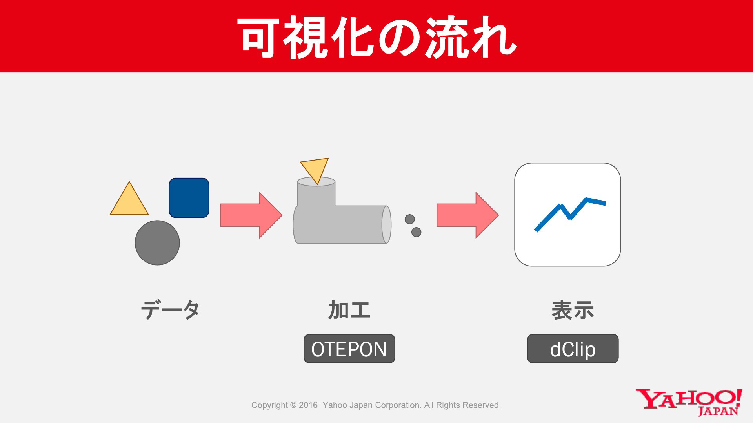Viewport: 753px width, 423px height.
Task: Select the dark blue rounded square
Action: point(189,198)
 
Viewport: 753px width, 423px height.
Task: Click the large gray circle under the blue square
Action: point(157,243)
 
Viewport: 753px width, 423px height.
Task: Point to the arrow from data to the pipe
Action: point(251,215)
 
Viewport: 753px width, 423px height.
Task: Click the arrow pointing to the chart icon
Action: point(467,215)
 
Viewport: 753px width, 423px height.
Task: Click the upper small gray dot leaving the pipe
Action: point(409,219)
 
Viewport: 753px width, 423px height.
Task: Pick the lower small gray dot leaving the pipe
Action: point(416,232)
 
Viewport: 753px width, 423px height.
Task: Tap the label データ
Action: point(170,310)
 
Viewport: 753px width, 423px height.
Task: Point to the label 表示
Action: point(573,310)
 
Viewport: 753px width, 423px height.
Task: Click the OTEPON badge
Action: point(349,349)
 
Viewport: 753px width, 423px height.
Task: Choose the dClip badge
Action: point(573,349)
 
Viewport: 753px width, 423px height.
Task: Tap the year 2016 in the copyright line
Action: point(308,405)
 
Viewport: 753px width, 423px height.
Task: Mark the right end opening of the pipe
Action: point(386,224)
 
